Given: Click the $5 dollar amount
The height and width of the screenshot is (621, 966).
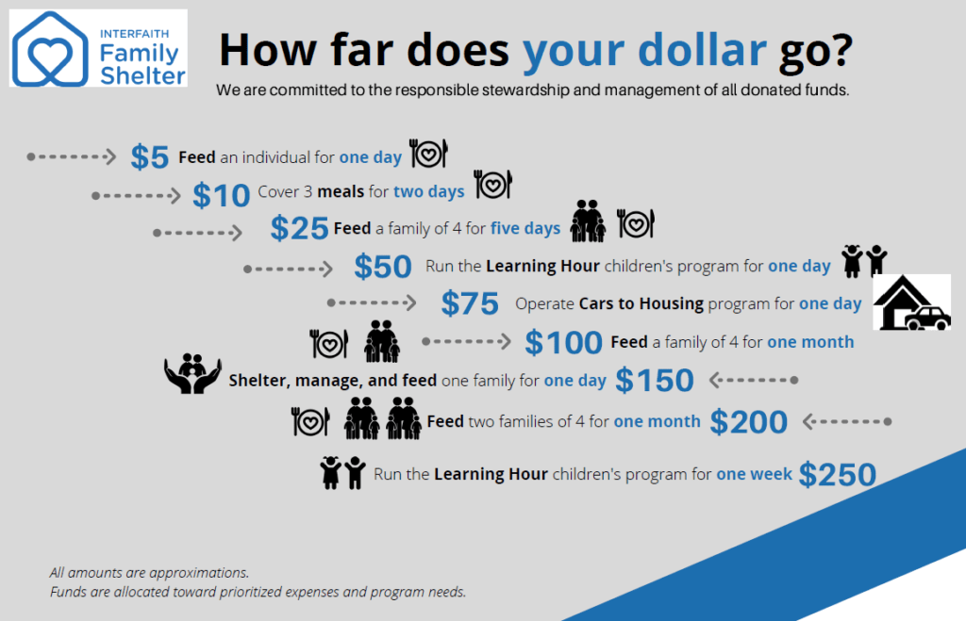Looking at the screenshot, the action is pyautogui.click(x=149, y=156).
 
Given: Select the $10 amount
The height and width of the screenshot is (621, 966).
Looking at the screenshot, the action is pyautogui.click(x=221, y=196).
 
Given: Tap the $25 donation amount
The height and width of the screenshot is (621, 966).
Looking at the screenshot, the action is pyautogui.click(x=299, y=228).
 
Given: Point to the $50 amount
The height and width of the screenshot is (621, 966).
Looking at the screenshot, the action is pyautogui.click(x=383, y=267).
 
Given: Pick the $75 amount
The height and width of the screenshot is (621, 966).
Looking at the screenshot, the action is pyautogui.click(x=470, y=303).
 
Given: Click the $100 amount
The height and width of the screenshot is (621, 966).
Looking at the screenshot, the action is pyautogui.click(x=563, y=342).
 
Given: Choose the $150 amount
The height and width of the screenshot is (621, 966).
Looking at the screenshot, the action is pyautogui.click(x=655, y=380).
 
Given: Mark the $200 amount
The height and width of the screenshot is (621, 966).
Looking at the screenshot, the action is pyautogui.click(x=748, y=422).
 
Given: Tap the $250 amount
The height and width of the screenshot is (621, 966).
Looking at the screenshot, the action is pyautogui.click(x=838, y=475).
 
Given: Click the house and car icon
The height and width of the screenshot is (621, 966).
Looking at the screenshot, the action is pyautogui.click(x=912, y=302).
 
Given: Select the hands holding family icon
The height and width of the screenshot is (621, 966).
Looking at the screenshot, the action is pyautogui.click(x=192, y=373).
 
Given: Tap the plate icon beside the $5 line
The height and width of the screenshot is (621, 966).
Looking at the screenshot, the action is pyautogui.click(x=429, y=154).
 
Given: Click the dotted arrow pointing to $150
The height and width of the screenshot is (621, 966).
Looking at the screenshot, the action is pyautogui.click(x=754, y=381).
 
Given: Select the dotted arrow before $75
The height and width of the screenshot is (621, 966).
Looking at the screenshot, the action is pyautogui.click(x=372, y=302).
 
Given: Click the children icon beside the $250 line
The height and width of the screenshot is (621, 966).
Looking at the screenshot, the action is pyautogui.click(x=342, y=473).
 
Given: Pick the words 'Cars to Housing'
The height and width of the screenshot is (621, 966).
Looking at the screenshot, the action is pyautogui.click(x=641, y=303).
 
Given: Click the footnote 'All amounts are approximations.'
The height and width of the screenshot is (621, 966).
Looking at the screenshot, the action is pyautogui.click(x=150, y=572).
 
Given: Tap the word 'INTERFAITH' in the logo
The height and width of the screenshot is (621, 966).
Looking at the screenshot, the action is pyautogui.click(x=134, y=34).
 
